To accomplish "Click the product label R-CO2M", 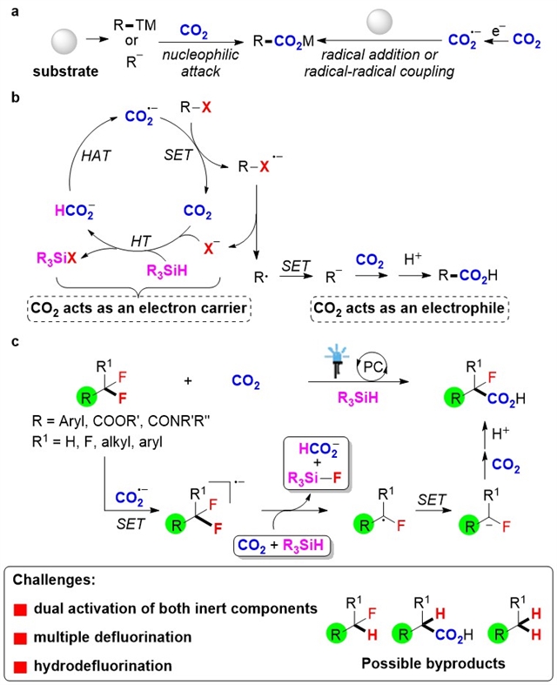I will (288, 40).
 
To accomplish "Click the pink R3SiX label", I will (70, 257).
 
